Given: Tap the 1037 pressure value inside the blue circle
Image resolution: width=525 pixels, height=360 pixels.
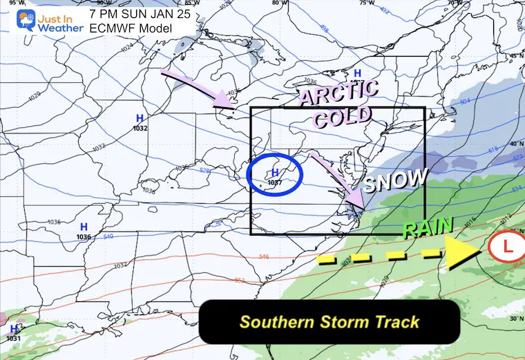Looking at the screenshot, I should coord(274,183).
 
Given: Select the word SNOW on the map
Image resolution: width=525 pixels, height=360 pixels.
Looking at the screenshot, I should coord(397,180).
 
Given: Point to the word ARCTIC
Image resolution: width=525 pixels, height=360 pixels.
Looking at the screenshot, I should coord(338,93).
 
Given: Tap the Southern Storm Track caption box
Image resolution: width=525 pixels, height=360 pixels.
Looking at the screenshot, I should coord(329,321).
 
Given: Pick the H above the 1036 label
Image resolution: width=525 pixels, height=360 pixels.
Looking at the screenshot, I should coord(84,227).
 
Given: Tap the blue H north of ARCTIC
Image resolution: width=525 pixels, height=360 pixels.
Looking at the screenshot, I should coord(357,73).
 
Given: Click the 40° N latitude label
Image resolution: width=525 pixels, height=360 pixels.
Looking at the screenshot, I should coord(515,143).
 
